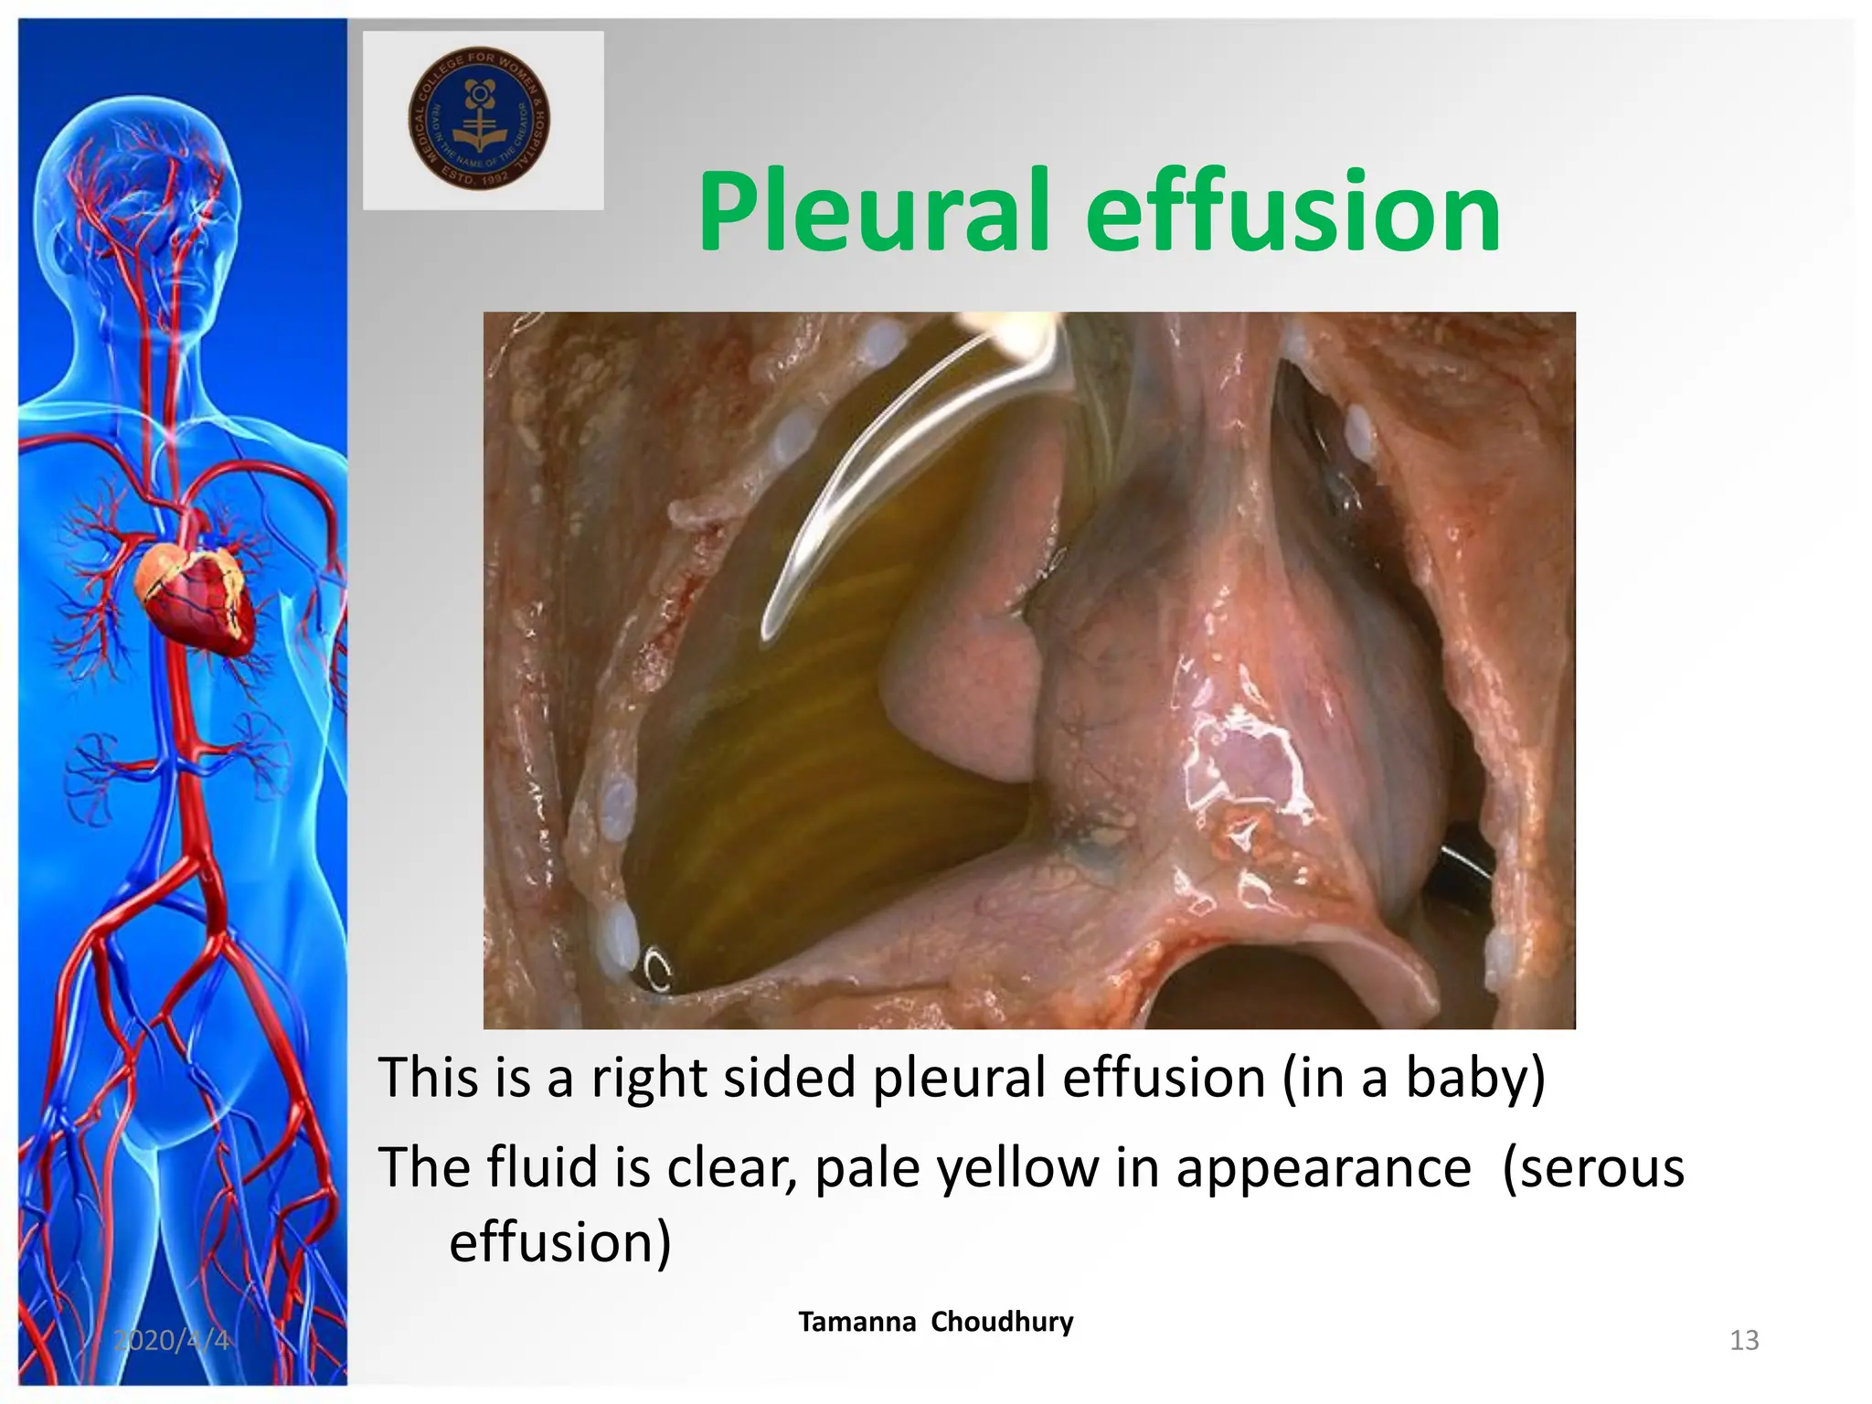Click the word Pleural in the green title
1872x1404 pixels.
pyautogui.click(x=873, y=213)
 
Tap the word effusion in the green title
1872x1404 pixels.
pyautogui.click(x=1292, y=213)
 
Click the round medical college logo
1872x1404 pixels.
pyautogui.click(x=479, y=118)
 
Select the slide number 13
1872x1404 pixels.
pyautogui.click(x=1744, y=1340)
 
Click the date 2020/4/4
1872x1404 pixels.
pyautogui.click(x=171, y=1340)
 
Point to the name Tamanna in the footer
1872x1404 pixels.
pyautogui.click(x=856, y=1322)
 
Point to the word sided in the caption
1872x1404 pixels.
pyautogui.click(x=789, y=1078)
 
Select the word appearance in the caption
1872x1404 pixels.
pyautogui.click(x=1323, y=1171)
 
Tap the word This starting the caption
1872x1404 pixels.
pyautogui.click(x=428, y=1078)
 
